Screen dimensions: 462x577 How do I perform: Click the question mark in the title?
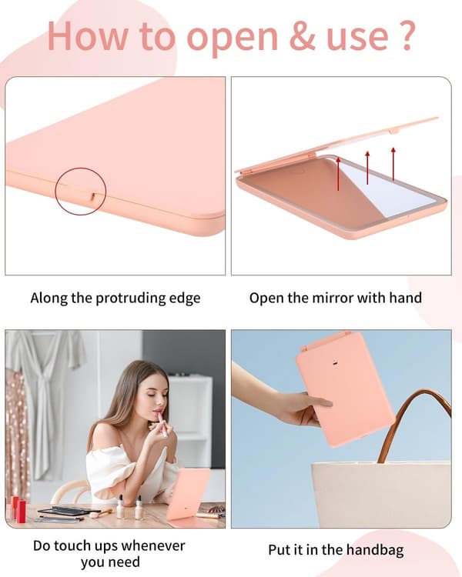tap(407, 35)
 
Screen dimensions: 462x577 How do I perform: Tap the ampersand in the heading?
tap(302, 35)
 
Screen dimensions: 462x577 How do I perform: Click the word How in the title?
tap(88, 35)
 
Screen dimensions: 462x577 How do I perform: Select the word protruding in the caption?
tap(130, 298)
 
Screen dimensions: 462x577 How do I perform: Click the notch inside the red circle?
tap(92, 196)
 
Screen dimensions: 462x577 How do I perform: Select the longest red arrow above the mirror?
tap(338, 174)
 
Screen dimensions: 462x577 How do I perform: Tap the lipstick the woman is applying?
tap(162, 424)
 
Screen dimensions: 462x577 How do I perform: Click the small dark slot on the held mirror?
tap(335, 364)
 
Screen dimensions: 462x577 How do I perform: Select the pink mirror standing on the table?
tap(188, 494)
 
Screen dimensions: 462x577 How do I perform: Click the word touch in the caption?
tap(74, 545)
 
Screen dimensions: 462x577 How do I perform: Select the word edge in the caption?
tap(185, 299)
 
